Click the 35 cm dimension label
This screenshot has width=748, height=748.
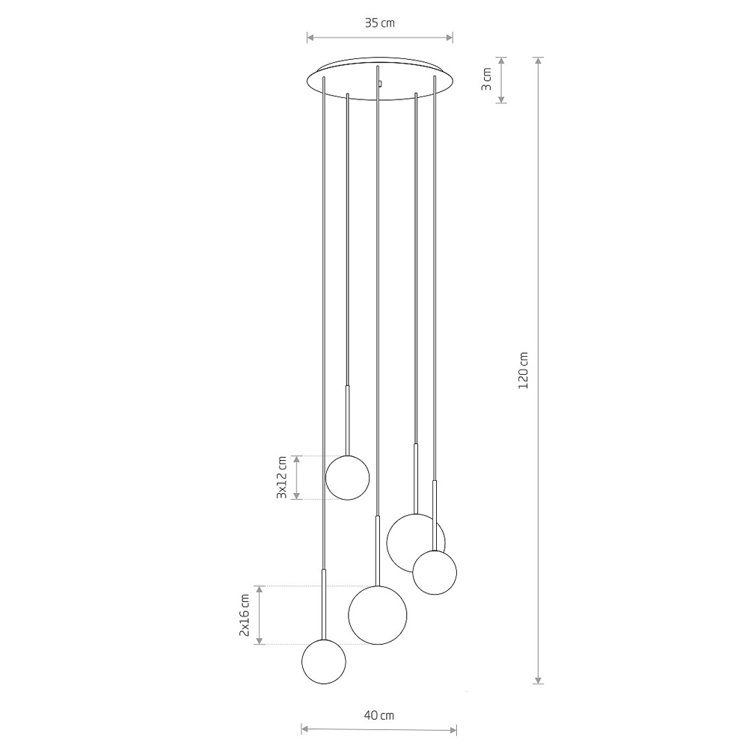[x=380, y=23]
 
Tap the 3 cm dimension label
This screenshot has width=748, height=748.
[x=486, y=79]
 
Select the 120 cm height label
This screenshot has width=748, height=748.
[x=524, y=370]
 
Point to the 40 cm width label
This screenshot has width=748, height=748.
[x=379, y=715]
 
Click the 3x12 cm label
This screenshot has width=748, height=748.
[x=282, y=477]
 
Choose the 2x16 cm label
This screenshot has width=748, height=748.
[x=245, y=615]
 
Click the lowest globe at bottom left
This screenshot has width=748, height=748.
[x=324, y=662]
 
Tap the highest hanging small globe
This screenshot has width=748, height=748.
[x=347, y=477]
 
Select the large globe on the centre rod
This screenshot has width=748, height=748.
[x=377, y=615]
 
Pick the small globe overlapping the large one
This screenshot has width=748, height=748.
[x=435, y=572]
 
